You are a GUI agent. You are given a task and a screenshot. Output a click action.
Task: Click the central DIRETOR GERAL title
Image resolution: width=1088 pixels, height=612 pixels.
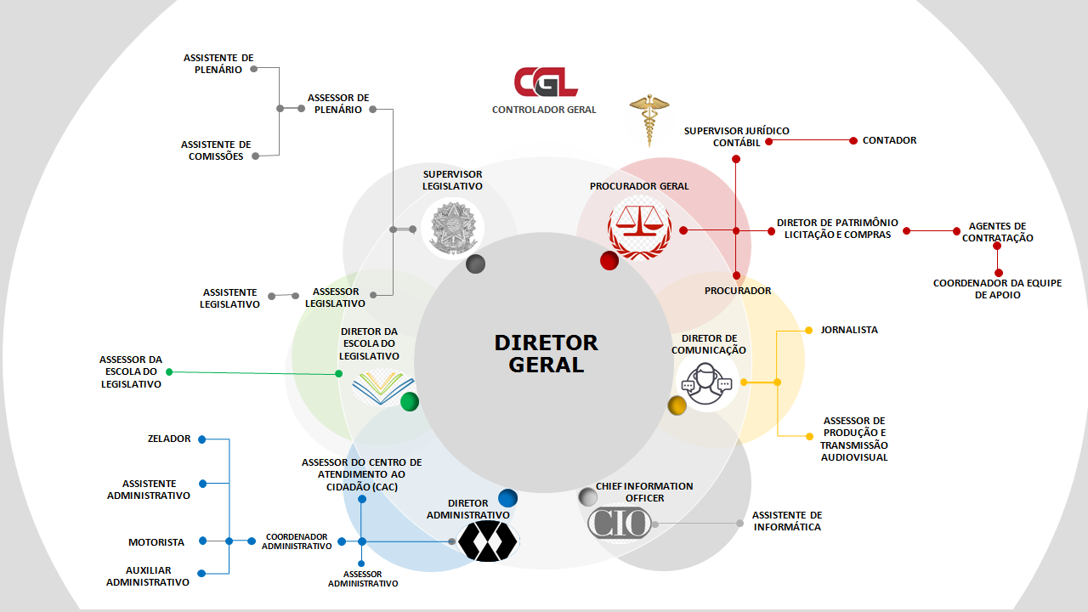[547, 354]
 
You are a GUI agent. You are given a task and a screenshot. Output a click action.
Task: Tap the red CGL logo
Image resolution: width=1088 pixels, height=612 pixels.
[546, 82]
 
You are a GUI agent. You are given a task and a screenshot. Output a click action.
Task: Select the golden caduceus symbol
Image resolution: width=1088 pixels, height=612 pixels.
[649, 121]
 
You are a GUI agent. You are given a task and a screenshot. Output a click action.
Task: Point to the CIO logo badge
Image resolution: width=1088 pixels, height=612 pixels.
[619, 523]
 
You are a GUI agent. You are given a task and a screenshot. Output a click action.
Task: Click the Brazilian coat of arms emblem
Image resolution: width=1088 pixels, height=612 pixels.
[452, 227]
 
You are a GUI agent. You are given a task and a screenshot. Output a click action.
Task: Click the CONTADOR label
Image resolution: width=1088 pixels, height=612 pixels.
[889, 140]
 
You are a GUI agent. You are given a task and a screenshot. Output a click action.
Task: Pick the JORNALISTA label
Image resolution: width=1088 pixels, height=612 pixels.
[849, 330]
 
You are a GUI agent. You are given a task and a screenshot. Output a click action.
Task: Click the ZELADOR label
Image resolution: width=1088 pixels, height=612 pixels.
[168, 439]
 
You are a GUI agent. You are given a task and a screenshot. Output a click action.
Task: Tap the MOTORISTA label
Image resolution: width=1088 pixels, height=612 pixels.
[156, 542]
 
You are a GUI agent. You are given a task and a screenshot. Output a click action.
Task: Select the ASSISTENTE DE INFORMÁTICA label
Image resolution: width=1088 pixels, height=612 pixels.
[787, 521]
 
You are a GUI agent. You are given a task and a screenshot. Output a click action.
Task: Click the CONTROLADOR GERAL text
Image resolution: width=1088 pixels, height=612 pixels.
[544, 110]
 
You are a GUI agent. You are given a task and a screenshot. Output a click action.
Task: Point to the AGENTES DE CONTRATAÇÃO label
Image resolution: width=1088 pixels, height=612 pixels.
[997, 232]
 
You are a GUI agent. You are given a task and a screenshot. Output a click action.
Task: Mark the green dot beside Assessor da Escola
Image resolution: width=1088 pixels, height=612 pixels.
[169, 371]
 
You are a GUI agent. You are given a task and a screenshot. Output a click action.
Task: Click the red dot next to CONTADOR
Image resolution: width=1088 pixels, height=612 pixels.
[853, 140]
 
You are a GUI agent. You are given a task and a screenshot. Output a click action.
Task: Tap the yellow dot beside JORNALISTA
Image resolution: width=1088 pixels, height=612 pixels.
[808, 330]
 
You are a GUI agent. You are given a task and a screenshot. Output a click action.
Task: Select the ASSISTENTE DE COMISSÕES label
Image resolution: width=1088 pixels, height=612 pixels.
[216, 150]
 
